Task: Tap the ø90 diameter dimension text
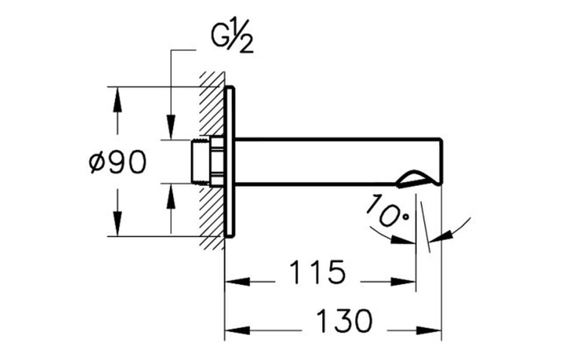(117, 162)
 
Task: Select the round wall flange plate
(230, 162)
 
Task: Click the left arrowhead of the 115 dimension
(236, 281)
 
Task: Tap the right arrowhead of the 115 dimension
(405, 281)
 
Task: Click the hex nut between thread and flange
(216, 162)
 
